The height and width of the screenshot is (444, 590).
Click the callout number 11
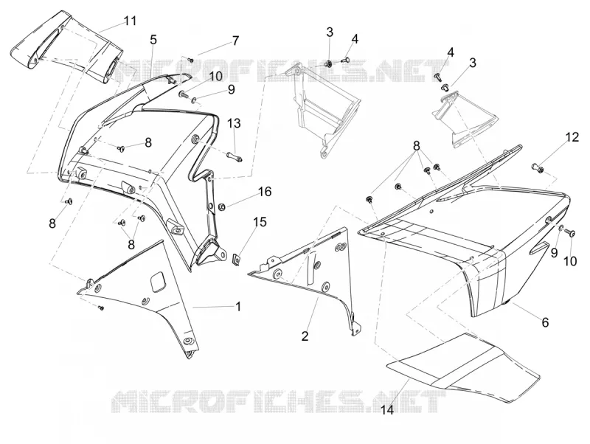(131, 21)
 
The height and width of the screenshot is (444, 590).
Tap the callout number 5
(153, 40)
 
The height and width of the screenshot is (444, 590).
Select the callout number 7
(235, 41)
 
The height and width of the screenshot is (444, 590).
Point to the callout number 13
(234, 123)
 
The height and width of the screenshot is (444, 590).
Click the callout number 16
(265, 192)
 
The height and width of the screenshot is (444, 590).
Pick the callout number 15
(260, 222)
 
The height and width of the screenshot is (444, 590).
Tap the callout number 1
(237, 307)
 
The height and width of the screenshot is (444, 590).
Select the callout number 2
(305, 336)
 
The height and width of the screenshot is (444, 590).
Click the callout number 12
(572, 137)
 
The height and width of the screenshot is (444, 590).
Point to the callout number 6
(545, 322)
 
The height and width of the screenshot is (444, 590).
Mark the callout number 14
(387, 410)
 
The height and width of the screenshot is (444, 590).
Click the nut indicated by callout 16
(222, 207)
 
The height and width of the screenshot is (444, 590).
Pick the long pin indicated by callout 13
(235, 156)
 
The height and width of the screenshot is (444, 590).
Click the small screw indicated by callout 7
(190, 60)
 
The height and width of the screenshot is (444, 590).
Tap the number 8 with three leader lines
(416, 145)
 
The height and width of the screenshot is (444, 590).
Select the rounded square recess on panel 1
(159, 281)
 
